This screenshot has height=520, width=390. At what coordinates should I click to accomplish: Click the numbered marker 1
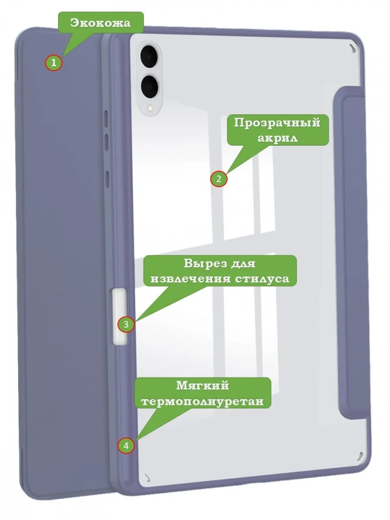(x=54, y=62)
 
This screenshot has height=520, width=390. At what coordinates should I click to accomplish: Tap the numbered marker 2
(x=218, y=179)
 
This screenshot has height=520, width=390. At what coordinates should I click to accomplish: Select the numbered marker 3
(x=126, y=324)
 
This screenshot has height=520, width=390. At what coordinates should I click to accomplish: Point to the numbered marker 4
(x=126, y=446)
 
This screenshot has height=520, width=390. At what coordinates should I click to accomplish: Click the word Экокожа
(x=100, y=23)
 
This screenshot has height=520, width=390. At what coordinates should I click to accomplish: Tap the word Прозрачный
(x=277, y=123)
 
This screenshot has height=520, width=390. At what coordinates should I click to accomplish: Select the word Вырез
(x=204, y=264)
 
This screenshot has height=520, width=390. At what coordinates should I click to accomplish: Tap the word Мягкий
(x=203, y=386)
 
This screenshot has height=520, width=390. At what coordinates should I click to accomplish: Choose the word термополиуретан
(x=203, y=401)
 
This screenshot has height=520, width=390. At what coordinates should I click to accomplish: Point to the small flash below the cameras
(x=150, y=108)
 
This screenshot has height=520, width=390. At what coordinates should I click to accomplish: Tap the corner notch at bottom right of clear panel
(x=359, y=457)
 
